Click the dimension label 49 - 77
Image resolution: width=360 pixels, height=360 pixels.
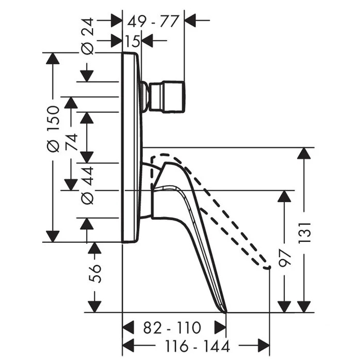pyautogui.click(x=153, y=22)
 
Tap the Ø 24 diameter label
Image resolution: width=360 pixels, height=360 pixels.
pyautogui.click(x=88, y=37)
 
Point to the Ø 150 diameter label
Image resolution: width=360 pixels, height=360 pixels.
pyautogui.click(x=53, y=129)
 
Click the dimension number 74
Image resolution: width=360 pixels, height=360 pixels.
pyautogui.click(x=71, y=142)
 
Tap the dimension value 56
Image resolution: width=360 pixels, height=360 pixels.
pyautogui.click(x=95, y=274)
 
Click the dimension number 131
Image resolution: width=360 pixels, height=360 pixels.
pyautogui.click(x=304, y=232)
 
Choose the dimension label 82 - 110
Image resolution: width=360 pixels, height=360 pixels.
pyautogui.click(x=172, y=328)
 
